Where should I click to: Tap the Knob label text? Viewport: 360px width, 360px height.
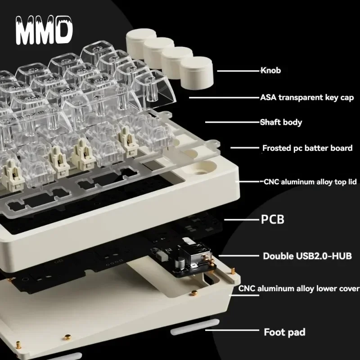pos(271,70)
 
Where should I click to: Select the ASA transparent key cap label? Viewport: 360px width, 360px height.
pos(307,97)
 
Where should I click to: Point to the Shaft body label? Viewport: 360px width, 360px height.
pos(281,122)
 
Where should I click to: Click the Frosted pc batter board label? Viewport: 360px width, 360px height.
pos(307,148)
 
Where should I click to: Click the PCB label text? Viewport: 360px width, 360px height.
pos(273,220)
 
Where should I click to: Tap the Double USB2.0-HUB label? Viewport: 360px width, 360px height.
pos(307,256)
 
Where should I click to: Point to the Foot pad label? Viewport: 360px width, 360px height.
pos(284,333)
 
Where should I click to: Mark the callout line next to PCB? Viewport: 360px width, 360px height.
pos(240,220)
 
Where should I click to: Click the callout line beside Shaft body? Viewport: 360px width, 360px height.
pos(232,122)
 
